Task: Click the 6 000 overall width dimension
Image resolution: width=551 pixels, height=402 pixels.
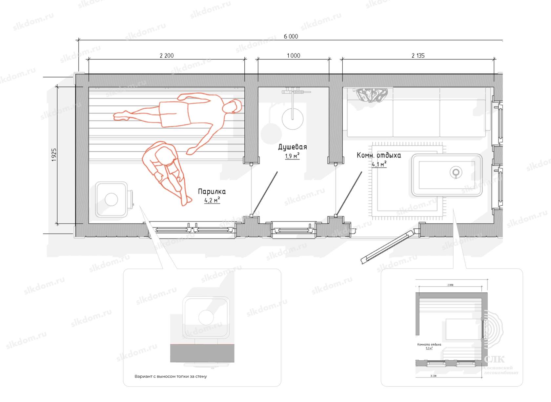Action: click(291, 36)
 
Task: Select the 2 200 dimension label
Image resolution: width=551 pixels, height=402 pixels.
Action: click(167, 56)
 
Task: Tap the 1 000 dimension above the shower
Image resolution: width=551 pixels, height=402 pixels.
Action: click(294, 56)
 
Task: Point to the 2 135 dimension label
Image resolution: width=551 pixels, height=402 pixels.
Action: click(418, 56)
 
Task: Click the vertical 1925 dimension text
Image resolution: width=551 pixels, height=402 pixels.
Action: click(54, 155)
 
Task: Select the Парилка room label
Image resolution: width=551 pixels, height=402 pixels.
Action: click(212, 192)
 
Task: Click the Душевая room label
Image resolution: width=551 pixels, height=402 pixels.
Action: click(293, 147)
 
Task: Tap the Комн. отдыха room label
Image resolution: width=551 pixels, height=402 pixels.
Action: click(379, 155)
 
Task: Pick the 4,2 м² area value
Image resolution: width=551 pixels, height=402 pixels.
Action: click(212, 200)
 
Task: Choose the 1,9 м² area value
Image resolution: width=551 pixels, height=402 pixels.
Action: click(292, 156)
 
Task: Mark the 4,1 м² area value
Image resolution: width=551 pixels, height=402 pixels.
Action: click(379, 164)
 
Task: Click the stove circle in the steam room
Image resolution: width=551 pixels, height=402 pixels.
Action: click(111, 200)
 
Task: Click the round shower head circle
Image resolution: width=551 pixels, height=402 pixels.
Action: click(293, 118)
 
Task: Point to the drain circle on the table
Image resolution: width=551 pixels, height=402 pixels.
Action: click(456, 172)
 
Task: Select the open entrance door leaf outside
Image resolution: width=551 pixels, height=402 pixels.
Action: click(387, 247)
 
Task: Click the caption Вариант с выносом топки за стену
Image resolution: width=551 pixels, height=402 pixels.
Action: click(171, 376)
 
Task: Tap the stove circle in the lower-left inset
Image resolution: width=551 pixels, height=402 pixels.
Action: click(206, 317)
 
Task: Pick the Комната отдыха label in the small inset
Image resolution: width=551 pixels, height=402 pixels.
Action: click(429, 345)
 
